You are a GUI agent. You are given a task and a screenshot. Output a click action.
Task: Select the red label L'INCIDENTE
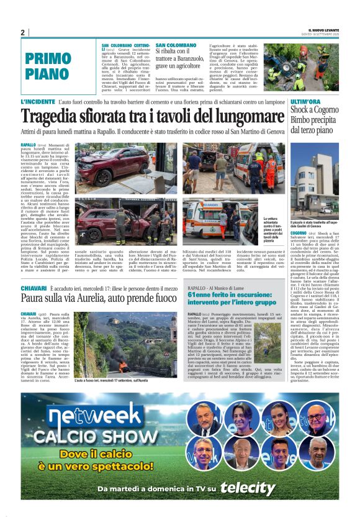click(38, 101)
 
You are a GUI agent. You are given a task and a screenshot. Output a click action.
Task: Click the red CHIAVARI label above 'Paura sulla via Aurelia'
click(34, 289)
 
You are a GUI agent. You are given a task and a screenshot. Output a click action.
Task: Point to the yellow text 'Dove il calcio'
click(110, 454)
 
